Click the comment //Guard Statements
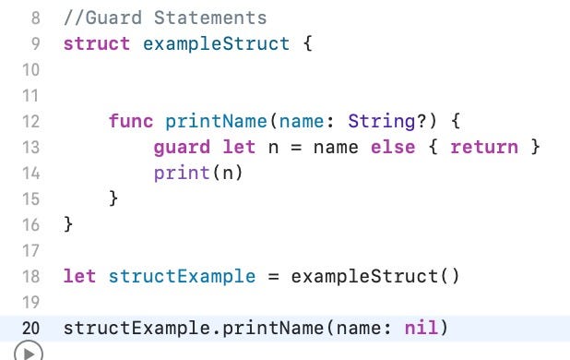pos(165,18)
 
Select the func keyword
pos(131,121)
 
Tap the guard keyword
pos(182,147)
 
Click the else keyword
pos(392,147)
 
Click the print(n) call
pos(198,173)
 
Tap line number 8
pos(35,18)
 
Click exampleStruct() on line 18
pos(374,276)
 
